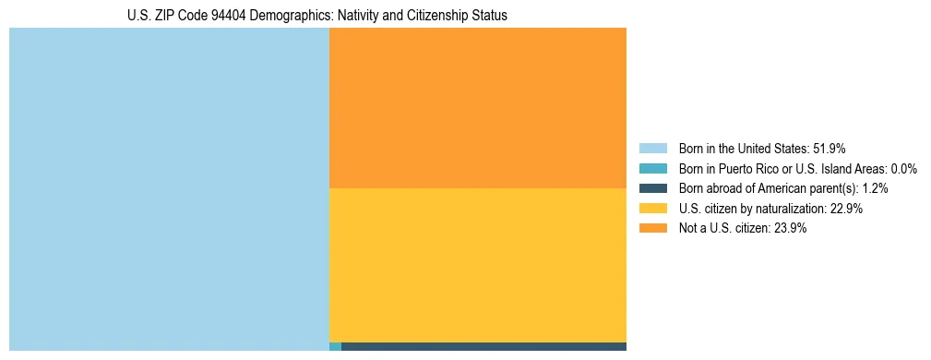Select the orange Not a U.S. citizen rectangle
(477, 108)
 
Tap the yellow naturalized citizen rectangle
(477, 265)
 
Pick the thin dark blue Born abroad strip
(483, 347)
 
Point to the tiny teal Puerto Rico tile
(335, 347)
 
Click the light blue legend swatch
(652, 149)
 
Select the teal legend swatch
(652, 169)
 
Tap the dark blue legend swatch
(652, 188)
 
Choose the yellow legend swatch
(652, 209)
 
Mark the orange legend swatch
(652, 229)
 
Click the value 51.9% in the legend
(829, 149)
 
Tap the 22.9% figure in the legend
(845, 209)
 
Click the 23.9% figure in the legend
(789, 229)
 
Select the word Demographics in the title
(296, 16)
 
